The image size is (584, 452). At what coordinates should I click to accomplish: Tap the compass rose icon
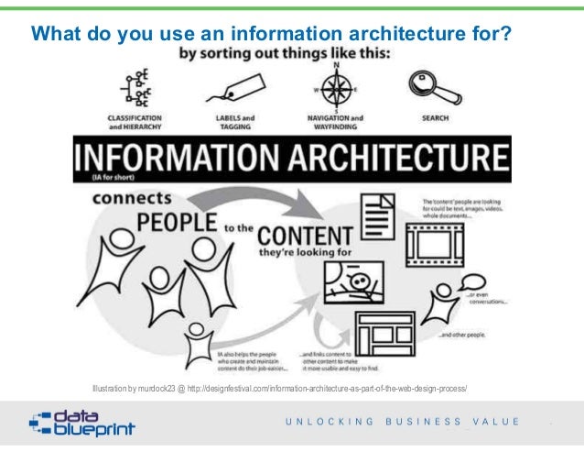(337, 89)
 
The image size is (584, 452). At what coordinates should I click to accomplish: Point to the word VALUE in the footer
(496, 423)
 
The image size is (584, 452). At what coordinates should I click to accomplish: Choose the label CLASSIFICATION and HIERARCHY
(136, 122)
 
